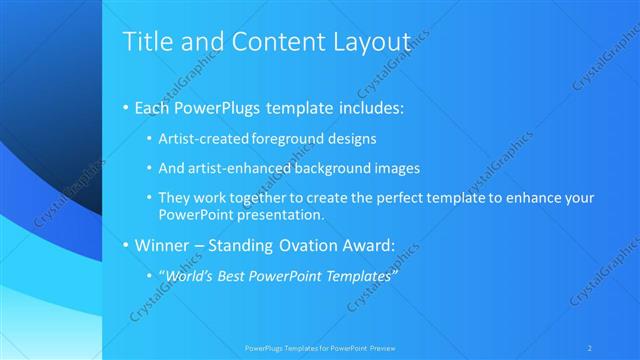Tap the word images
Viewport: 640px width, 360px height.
(x=398, y=168)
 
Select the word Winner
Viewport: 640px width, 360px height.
(x=161, y=244)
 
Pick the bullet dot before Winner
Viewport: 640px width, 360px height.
(x=125, y=244)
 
